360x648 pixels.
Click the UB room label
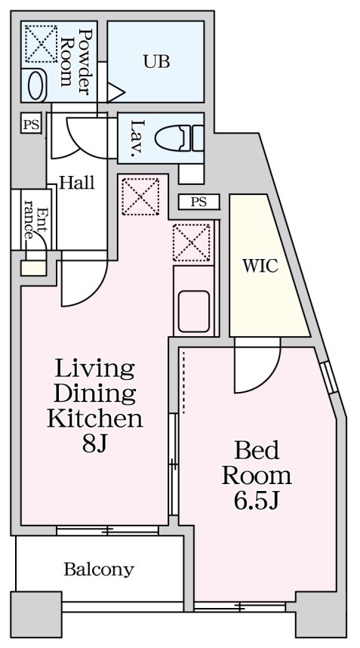[156, 62]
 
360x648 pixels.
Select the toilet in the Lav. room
[178, 137]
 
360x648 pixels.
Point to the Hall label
[77, 183]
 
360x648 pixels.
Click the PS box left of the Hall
[30, 125]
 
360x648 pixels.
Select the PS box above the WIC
[198, 202]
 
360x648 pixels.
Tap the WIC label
[260, 266]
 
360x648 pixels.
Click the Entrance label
[35, 224]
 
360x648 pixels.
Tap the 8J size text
[95, 444]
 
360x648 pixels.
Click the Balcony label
[98, 569]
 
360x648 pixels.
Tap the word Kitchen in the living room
[94, 418]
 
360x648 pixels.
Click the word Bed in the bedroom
[257, 451]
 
